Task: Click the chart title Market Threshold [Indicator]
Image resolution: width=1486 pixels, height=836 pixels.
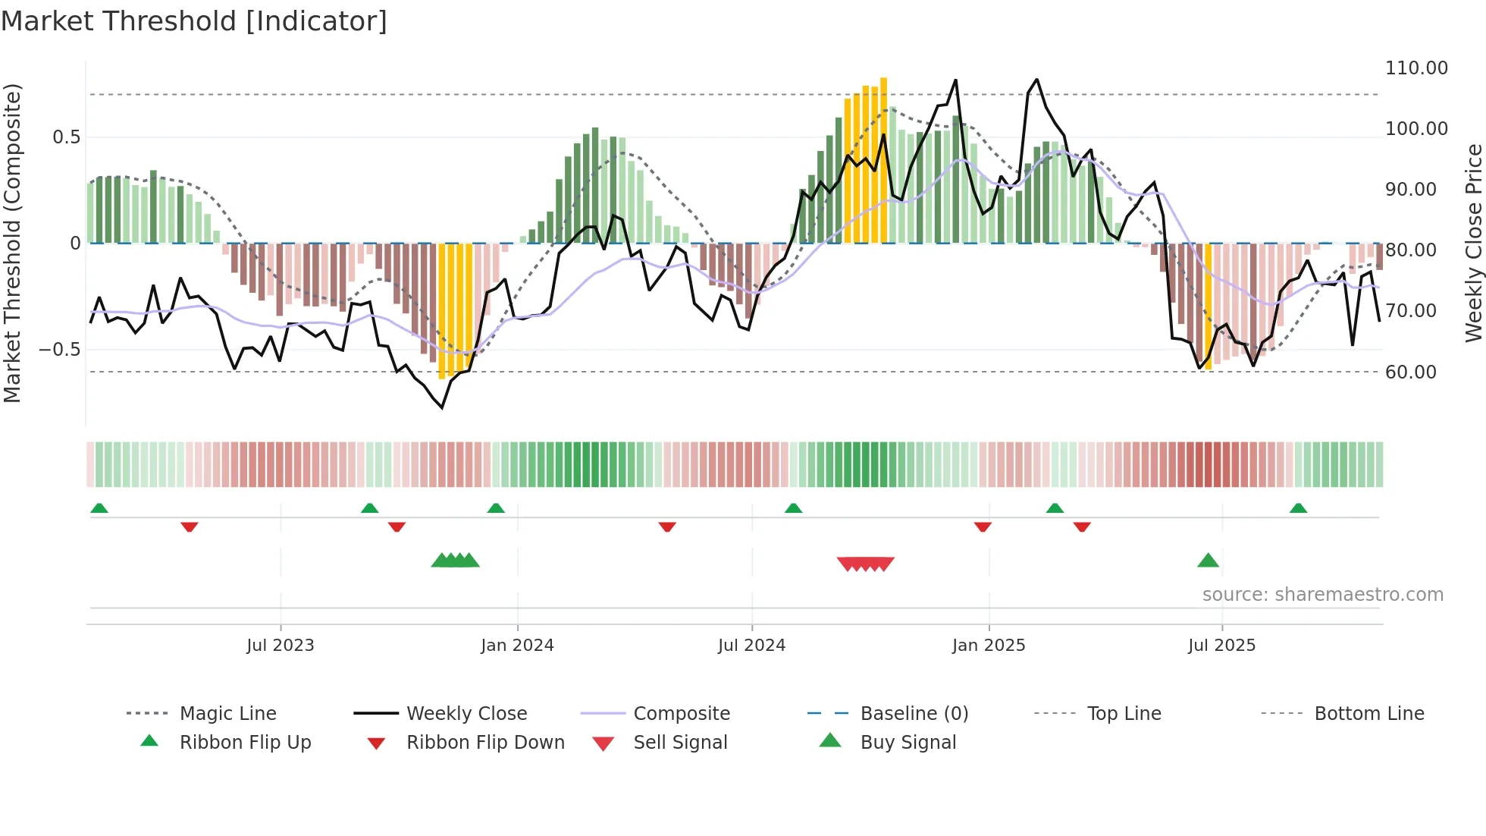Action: pyautogui.click(x=194, y=21)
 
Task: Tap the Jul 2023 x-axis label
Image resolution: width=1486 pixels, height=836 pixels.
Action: pyautogui.click(x=280, y=646)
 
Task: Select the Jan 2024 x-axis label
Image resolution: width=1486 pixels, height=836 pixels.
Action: pyautogui.click(x=517, y=646)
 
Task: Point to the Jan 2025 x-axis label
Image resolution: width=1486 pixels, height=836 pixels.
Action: pyautogui.click(x=989, y=646)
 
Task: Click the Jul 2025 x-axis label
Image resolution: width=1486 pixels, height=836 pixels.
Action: pyautogui.click(x=1221, y=646)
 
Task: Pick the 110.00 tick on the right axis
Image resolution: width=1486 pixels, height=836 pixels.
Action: pyautogui.click(x=1416, y=68)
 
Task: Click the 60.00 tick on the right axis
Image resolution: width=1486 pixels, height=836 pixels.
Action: pyautogui.click(x=1410, y=372)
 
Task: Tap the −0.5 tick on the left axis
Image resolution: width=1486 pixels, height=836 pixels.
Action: pyautogui.click(x=59, y=350)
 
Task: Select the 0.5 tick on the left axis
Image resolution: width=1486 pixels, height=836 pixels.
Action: pyautogui.click(x=66, y=137)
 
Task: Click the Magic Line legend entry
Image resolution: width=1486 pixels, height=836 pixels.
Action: pyautogui.click(x=227, y=714)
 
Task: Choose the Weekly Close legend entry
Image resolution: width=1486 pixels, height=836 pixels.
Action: pyautogui.click(x=466, y=714)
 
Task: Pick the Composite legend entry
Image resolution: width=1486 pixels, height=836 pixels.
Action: pyautogui.click(x=682, y=714)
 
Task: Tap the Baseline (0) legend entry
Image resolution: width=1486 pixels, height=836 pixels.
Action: pyautogui.click(x=914, y=714)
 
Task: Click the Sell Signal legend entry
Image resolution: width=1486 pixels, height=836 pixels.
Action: pyautogui.click(x=680, y=743)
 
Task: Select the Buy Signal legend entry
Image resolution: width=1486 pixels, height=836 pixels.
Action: pyautogui.click(x=908, y=743)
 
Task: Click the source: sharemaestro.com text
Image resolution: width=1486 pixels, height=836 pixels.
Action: pyautogui.click(x=1322, y=595)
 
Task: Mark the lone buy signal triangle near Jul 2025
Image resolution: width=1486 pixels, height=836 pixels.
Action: pyautogui.click(x=1208, y=561)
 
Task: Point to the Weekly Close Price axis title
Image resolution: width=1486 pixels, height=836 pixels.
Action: pyautogui.click(x=1473, y=243)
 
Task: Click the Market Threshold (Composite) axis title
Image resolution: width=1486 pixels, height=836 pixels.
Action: pyautogui.click(x=12, y=243)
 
